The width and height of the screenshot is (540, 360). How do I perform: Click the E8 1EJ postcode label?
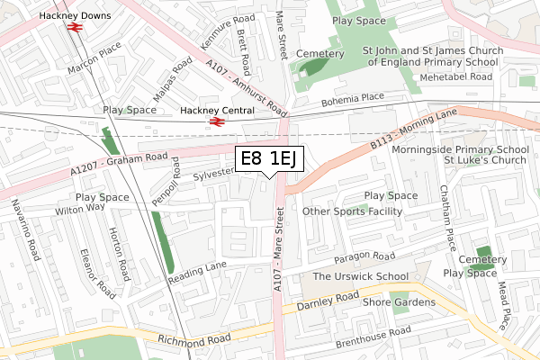click(x=270, y=159)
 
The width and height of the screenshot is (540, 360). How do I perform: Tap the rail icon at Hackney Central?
click(x=215, y=121)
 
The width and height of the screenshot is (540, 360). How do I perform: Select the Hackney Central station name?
click(x=213, y=110)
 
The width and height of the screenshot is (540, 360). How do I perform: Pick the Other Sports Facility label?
click(x=352, y=211)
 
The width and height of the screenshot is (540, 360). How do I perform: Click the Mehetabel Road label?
click(x=459, y=77)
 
